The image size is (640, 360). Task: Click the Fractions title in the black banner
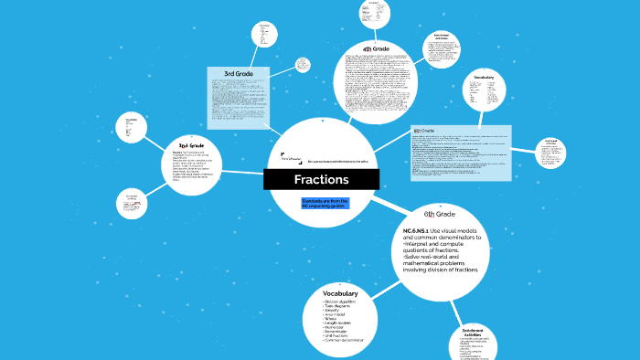321,180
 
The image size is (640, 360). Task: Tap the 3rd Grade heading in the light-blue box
239,73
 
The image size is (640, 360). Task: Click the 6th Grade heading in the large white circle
439,213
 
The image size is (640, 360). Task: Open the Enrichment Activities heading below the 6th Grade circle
473,332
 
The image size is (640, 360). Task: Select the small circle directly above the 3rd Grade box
264,34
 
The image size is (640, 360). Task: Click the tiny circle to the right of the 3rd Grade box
302,65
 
